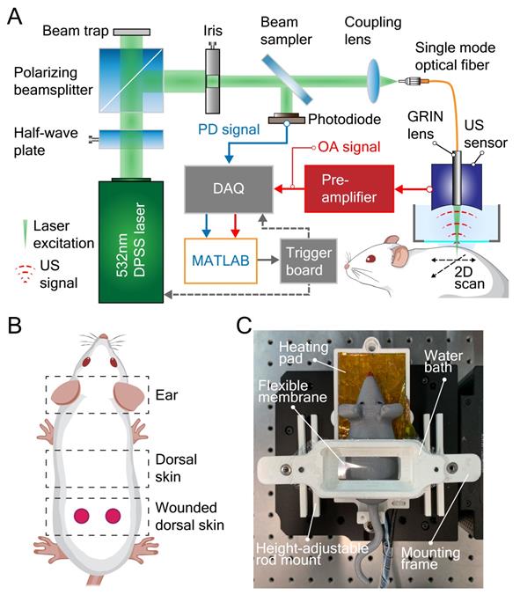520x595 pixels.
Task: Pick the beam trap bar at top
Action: [131, 30]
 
